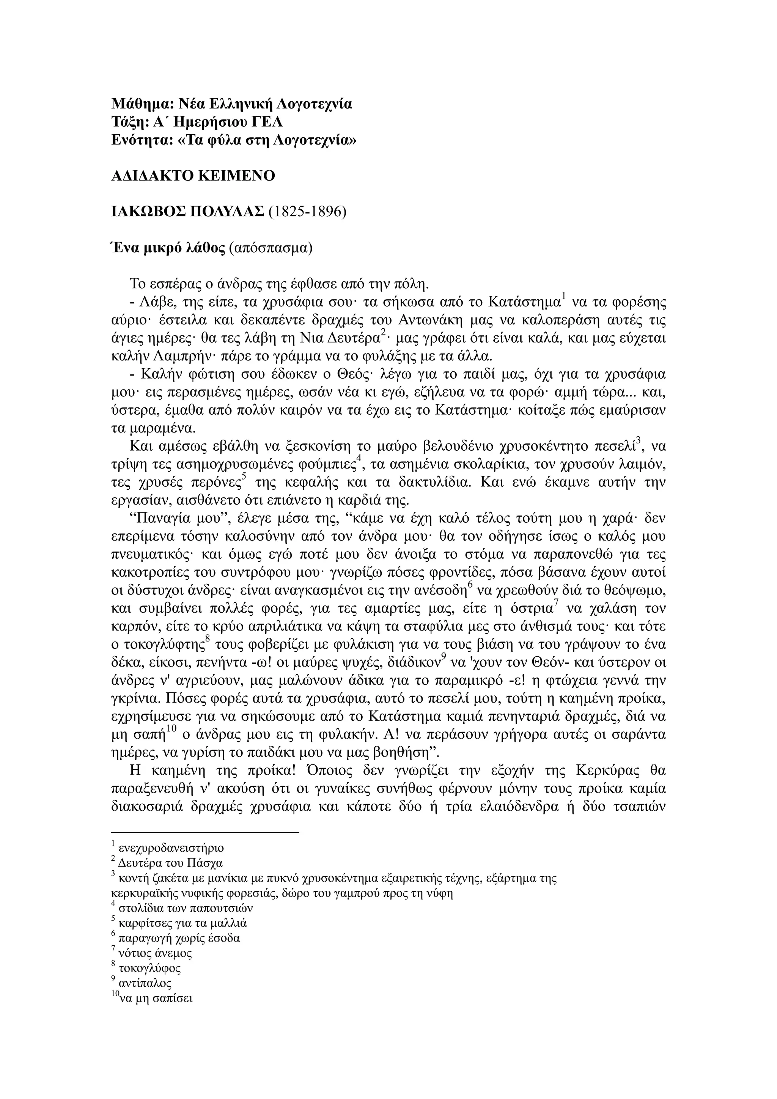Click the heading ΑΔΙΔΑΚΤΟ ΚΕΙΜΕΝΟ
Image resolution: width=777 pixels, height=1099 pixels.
click(x=193, y=176)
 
